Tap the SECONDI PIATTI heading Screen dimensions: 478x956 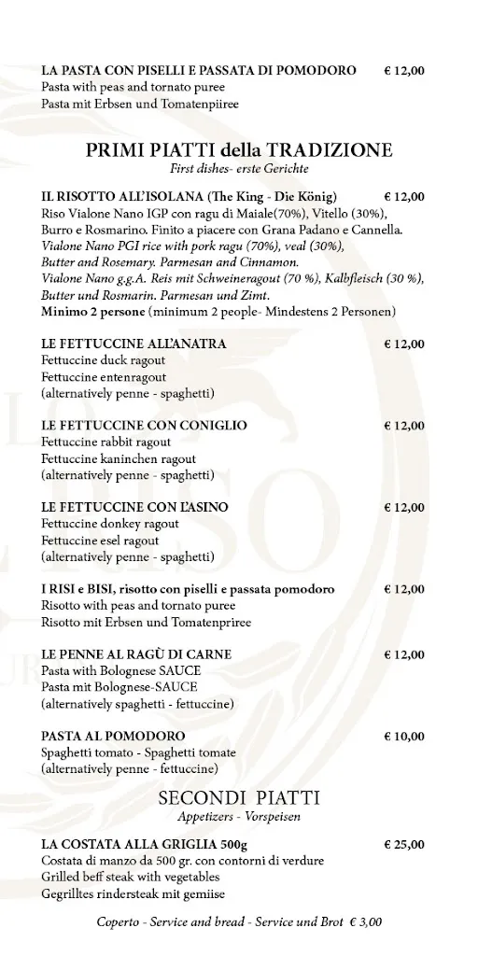tap(239, 798)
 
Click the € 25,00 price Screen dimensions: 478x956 tap(403, 844)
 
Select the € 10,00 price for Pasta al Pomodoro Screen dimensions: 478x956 tap(403, 736)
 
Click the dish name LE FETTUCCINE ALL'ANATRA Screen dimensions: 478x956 tap(134, 344)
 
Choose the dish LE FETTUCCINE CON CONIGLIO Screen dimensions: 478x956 tap(145, 425)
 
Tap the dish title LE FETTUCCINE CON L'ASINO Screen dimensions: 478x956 tap(135, 507)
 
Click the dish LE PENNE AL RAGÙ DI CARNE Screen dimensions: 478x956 tap(136, 654)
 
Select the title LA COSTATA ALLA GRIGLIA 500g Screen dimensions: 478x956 tap(150, 844)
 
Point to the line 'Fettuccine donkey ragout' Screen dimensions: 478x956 tap(104, 524)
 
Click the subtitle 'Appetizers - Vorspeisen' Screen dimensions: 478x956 tap(239, 817)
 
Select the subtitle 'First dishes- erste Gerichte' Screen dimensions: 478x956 tap(239, 169)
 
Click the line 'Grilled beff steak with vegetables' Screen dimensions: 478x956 tap(131, 877)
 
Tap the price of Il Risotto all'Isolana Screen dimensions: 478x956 tap(403, 197)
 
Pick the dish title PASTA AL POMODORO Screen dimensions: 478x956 tap(113, 736)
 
